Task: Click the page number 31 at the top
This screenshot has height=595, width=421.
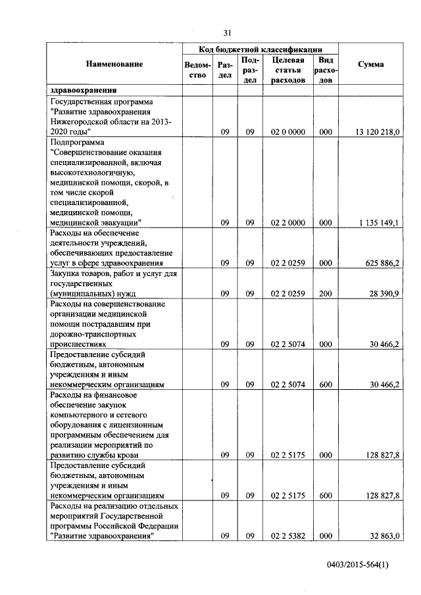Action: (x=228, y=33)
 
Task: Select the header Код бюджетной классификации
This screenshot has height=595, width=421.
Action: (x=260, y=49)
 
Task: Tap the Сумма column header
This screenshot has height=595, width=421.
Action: (x=371, y=64)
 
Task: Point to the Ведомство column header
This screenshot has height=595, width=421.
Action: (x=198, y=70)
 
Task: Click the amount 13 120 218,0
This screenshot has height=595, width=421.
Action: (x=377, y=132)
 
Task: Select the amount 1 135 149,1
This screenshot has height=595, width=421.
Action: (x=379, y=223)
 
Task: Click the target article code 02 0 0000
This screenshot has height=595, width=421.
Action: (x=287, y=132)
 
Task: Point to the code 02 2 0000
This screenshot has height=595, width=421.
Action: (x=287, y=223)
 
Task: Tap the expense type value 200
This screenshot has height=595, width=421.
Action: (x=325, y=293)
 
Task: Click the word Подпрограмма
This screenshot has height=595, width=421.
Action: (x=76, y=141)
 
